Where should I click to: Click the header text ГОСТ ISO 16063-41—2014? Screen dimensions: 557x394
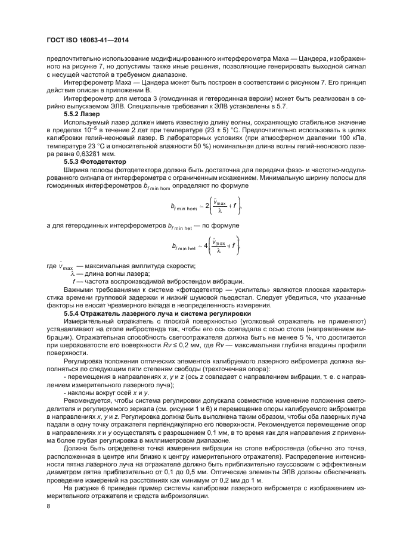tap(88, 41)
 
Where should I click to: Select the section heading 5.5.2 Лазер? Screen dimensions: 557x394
tap(82, 113)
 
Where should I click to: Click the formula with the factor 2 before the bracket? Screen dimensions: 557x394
tap(198, 209)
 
